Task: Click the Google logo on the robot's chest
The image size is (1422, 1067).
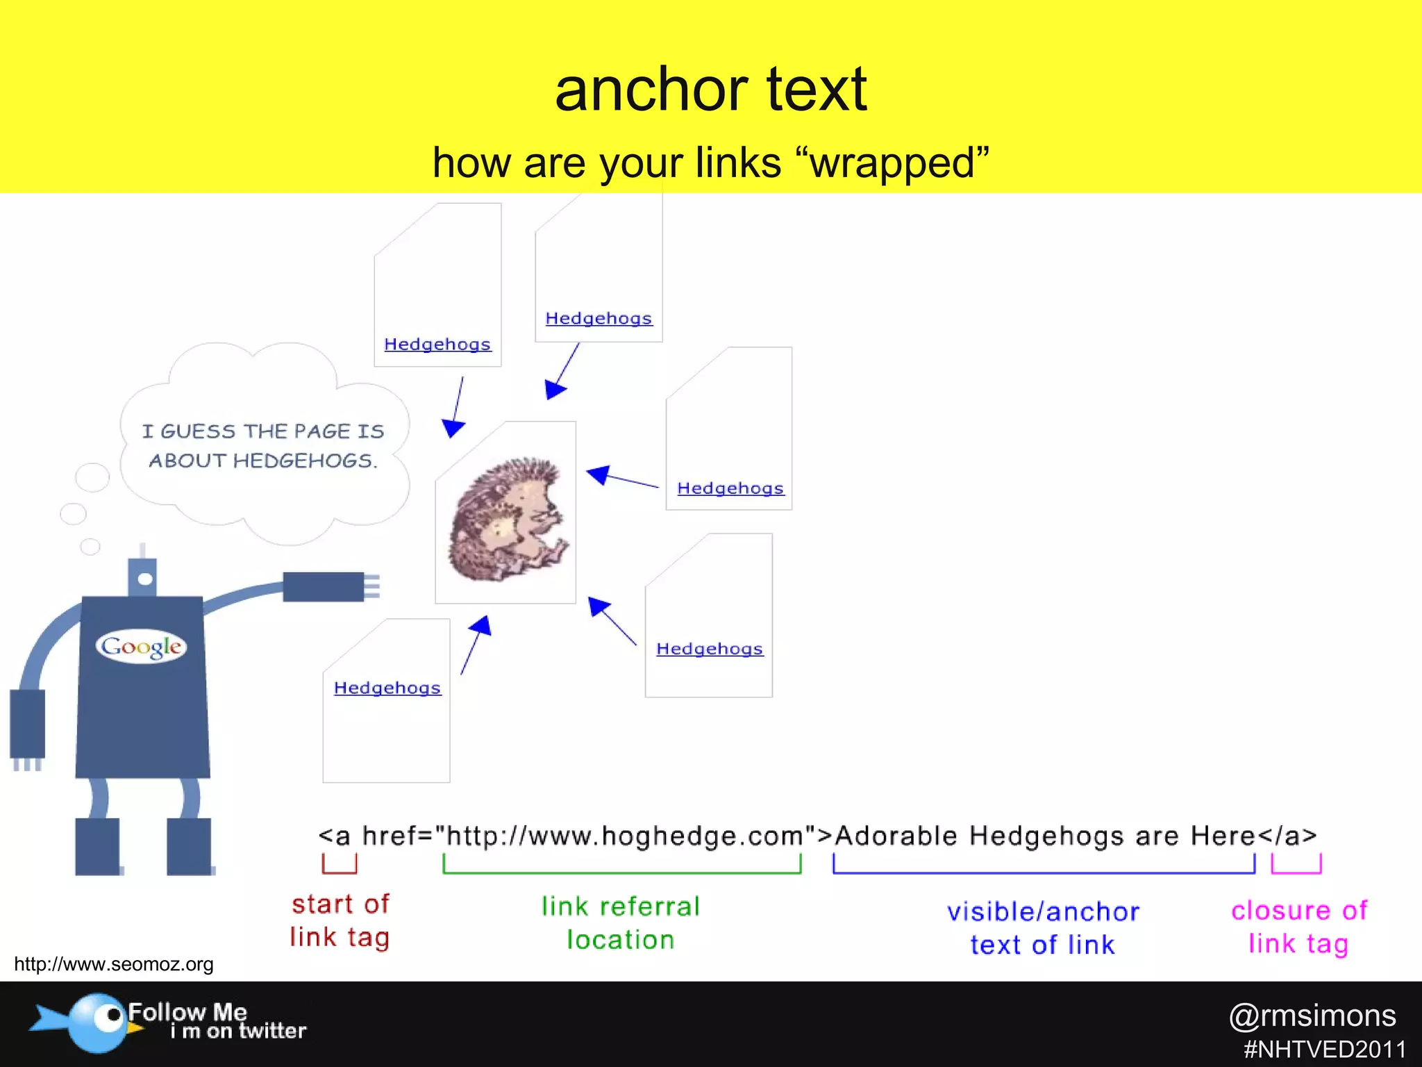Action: tap(141, 647)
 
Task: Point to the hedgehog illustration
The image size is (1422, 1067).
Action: tap(506, 518)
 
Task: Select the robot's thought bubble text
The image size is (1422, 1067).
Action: tap(263, 446)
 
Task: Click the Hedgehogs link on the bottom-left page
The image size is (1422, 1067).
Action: tap(387, 688)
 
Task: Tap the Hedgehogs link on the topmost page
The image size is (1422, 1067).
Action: tap(599, 318)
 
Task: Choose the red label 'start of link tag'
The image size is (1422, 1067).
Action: tap(340, 920)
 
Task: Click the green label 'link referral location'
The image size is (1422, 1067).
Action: tap(621, 923)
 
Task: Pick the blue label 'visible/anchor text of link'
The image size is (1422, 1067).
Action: tap(1043, 928)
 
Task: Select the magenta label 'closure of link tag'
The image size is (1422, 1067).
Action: tap(1298, 927)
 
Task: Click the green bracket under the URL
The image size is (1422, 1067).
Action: tap(621, 871)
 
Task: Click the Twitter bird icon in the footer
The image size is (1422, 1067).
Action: tap(90, 1021)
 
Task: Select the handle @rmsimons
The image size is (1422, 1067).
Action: tap(1312, 1016)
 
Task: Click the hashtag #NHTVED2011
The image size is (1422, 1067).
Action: tap(1324, 1049)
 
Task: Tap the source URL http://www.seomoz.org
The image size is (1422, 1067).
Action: tap(114, 964)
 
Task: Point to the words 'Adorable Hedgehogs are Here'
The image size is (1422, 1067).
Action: tap(1044, 836)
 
